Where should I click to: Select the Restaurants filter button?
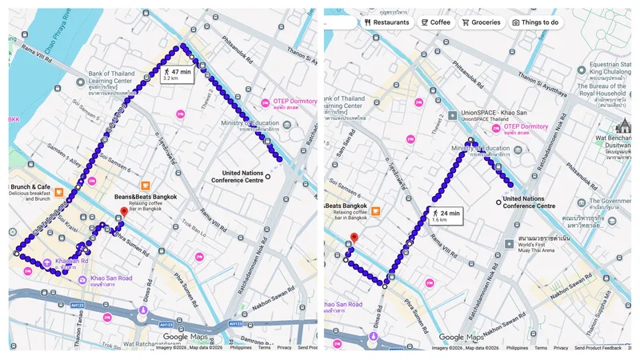[x=386, y=22]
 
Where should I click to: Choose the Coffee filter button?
[x=436, y=22]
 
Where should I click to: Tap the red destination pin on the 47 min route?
[x=123, y=213]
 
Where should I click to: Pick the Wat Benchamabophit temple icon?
[x=624, y=126]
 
